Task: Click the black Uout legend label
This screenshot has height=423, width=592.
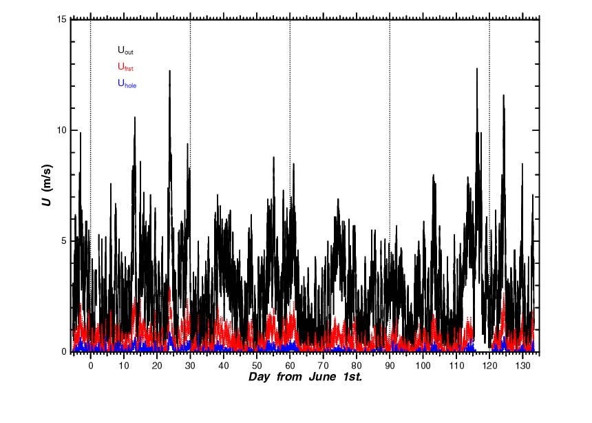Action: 125,50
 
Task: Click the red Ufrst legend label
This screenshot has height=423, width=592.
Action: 125,68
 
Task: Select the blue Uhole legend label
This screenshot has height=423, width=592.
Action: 127,84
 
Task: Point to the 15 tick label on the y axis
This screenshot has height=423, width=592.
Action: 61,19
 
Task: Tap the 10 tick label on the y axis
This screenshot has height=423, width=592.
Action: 61,130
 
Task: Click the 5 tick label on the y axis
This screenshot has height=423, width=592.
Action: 64,241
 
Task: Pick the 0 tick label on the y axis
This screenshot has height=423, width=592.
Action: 64,352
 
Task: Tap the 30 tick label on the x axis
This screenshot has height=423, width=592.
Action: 190,364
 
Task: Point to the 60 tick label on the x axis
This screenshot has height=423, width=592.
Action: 290,364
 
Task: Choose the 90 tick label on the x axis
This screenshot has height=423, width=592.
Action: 390,364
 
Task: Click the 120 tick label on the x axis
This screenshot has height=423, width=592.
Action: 489,364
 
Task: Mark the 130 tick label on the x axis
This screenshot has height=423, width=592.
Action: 522,364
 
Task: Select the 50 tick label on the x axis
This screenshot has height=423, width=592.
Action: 257,364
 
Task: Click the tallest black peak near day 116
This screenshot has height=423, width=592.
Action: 476,69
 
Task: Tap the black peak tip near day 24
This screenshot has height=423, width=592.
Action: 169,70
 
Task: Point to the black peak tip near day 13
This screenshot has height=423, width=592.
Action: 135,117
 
